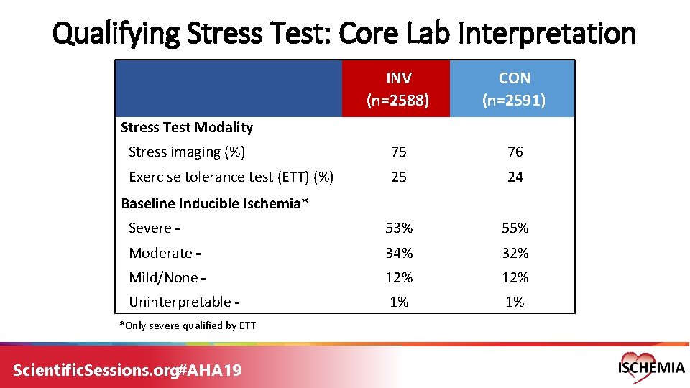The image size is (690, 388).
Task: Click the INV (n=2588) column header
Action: click(398, 89)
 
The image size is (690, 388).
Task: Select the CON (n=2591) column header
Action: click(514, 89)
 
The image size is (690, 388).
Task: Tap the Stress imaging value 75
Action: click(398, 152)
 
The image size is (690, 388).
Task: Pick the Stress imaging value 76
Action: click(515, 152)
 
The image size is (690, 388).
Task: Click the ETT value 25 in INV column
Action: click(398, 177)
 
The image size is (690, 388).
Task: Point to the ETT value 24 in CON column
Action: click(515, 177)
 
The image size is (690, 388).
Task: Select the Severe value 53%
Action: click(398, 228)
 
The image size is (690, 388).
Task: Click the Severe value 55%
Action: click(515, 228)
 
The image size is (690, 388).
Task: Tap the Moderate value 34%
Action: click(398, 253)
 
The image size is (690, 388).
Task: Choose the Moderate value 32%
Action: click(515, 253)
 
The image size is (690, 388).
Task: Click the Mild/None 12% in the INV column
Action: click(398, 277)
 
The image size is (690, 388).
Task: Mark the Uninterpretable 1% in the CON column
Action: click(515, 302)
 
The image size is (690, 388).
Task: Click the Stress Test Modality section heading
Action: click(187, 128)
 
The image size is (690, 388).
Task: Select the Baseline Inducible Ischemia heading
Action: click(214, 203)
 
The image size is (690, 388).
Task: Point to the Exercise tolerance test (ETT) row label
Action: click(230, 177)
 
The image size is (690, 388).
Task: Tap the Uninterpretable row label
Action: click(184, 302)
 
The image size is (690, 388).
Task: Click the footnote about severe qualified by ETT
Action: click(187, 325)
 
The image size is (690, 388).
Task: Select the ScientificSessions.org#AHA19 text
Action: click(128, 370)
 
